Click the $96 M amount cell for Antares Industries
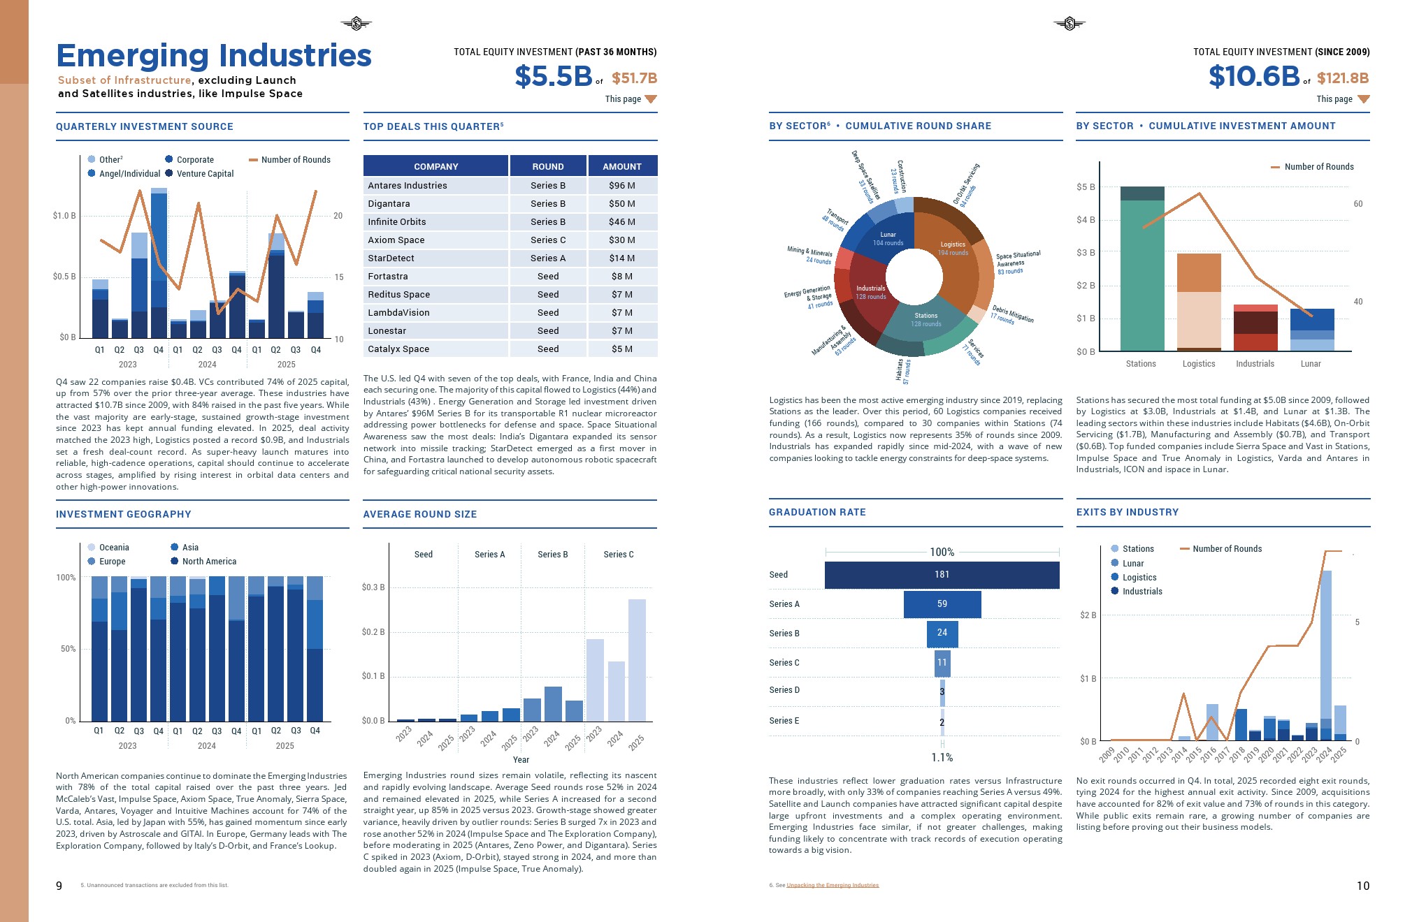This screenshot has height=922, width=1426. click(x=621, y=186)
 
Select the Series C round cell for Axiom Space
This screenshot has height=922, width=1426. click(x=547, y=240)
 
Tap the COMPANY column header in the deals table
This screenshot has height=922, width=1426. click(x=435, y=166)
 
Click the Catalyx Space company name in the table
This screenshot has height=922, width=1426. click(x=398, y=349)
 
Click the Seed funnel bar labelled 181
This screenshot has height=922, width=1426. click(x=942, y=575)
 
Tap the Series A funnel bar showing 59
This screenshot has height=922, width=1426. click(x=942, y=604)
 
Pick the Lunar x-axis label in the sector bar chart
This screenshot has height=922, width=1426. click(x=1311, y=364)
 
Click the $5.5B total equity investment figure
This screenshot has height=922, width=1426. click(x=553, y=76)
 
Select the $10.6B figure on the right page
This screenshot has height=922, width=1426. click(x=1253, y=76)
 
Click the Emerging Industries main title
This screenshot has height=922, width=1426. click(x=214, y=55)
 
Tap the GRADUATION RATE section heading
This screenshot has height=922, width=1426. click(x=817, y=512)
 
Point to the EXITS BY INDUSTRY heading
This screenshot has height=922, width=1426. click(x=1127, y=512)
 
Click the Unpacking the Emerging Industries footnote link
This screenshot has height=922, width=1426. click(x=832, y=886)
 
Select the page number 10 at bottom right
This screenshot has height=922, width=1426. click(x=1362, y=886)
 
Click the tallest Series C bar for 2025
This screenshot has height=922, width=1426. click(x=637, y=660)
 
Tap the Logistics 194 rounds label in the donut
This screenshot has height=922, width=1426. click(x=953, y=249)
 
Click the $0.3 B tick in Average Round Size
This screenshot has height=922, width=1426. click(x=373, y=587)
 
